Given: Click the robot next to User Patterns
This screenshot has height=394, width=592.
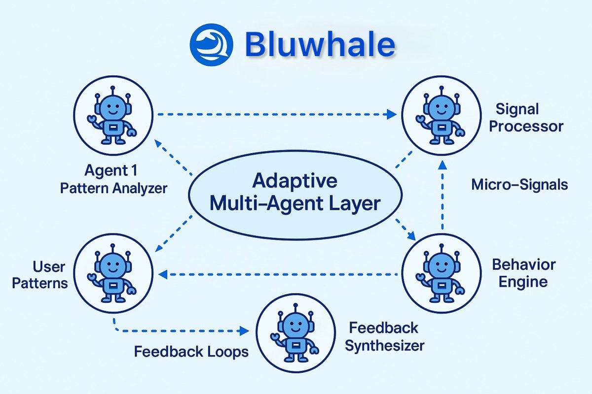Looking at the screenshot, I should tap(114, 273).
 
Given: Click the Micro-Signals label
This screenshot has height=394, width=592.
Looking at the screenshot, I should tap(519, 185).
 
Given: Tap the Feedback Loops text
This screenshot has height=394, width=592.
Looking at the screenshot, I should tap(191, 352).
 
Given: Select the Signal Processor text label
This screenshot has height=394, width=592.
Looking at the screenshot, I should tap(529, 117).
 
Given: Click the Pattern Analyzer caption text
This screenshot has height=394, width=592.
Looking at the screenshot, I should tap(114, 188).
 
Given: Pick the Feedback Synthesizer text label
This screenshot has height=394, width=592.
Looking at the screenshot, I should tap(384, 336).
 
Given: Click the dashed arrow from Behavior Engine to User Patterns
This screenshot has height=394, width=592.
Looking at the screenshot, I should tap(281, 274).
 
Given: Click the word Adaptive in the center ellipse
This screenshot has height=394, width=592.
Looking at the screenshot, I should tap(295, 181).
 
